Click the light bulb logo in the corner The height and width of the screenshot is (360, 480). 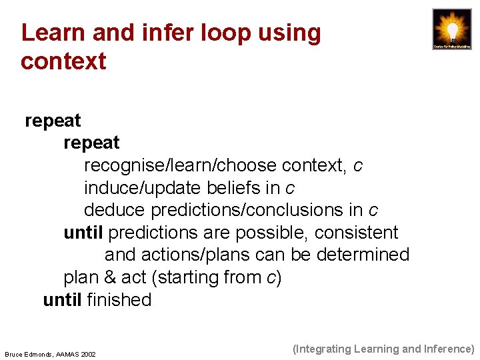(452, 29)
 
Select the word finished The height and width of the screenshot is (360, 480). (119, 300)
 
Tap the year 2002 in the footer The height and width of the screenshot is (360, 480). (87, 354)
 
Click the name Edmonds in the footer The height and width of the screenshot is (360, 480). (40, 354)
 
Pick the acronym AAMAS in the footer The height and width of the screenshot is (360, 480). (67, 354)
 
